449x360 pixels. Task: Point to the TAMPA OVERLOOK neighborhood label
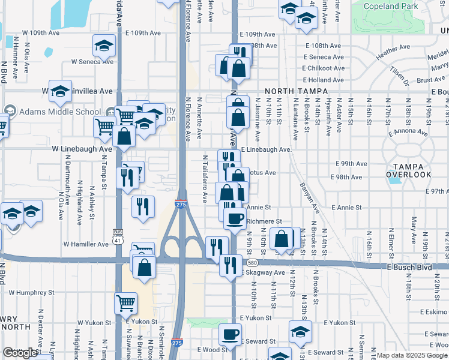[408, 170]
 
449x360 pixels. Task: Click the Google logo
[20, 353]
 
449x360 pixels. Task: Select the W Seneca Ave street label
[92, 61]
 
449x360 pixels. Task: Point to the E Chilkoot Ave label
[324, 68]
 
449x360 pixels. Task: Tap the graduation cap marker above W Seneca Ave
[104, 45]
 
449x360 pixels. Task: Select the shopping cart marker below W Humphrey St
[125, 303]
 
